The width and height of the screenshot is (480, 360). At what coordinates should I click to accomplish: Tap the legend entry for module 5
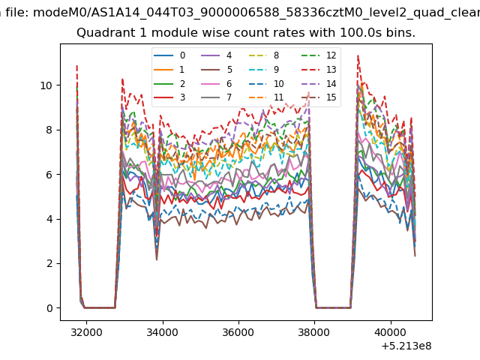[217, 70]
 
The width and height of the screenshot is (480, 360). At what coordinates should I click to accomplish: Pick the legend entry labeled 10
[266, 83]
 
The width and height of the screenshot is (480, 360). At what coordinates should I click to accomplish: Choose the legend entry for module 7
[217, 97]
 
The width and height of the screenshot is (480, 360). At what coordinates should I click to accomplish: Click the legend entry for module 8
[264, 55]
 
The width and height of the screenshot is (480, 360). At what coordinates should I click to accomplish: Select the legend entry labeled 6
[217, 83]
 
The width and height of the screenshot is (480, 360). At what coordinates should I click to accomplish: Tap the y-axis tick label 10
[46, 85]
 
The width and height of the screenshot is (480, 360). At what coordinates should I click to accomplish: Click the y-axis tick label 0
[49, 308]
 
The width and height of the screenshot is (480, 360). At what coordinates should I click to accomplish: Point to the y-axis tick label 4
[49, 219]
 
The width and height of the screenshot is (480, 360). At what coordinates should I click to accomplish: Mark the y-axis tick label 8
[49, 130]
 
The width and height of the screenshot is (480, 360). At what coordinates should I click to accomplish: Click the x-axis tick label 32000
[86, 332]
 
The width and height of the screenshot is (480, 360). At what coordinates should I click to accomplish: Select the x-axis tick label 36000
[238, 332]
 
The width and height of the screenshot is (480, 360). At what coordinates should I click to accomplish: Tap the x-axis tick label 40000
[391, 332]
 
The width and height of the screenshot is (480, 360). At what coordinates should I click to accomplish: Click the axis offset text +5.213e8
[406, 346]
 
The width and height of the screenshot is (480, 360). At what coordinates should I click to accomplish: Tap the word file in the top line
[17, 13]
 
